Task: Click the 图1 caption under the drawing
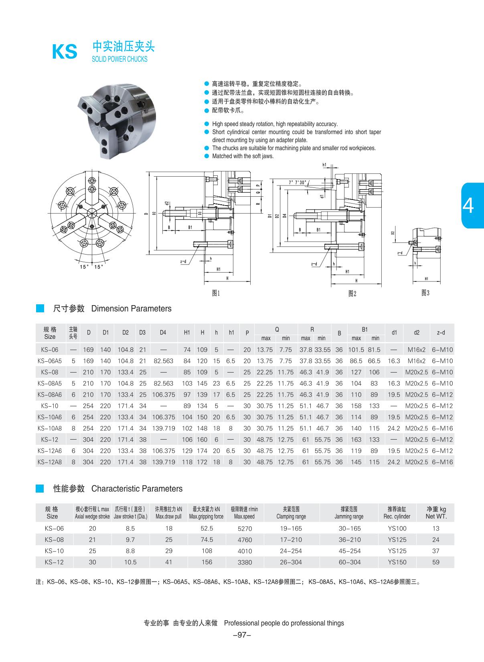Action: tap(216, 293)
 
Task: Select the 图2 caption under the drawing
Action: tap(352, 294)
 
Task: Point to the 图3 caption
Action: tap(425, 293)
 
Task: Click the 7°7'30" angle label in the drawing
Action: tap(297, 182)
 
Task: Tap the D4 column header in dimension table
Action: tap(163, 332)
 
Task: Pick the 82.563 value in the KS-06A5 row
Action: tap(163, 361)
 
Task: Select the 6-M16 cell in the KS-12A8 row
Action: tap(442, 462)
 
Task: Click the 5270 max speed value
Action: tap(245, 529)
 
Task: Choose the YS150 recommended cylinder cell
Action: tap(397, 562)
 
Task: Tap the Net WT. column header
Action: tap(436, 513)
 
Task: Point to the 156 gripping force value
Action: tap(207, 562)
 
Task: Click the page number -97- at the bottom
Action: tap(242, 635)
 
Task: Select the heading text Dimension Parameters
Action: tap(132, 309)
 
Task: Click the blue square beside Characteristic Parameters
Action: tap(40, 489)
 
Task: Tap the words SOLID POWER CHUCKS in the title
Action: tap(119, 59)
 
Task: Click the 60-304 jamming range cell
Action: tap(350, 562)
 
